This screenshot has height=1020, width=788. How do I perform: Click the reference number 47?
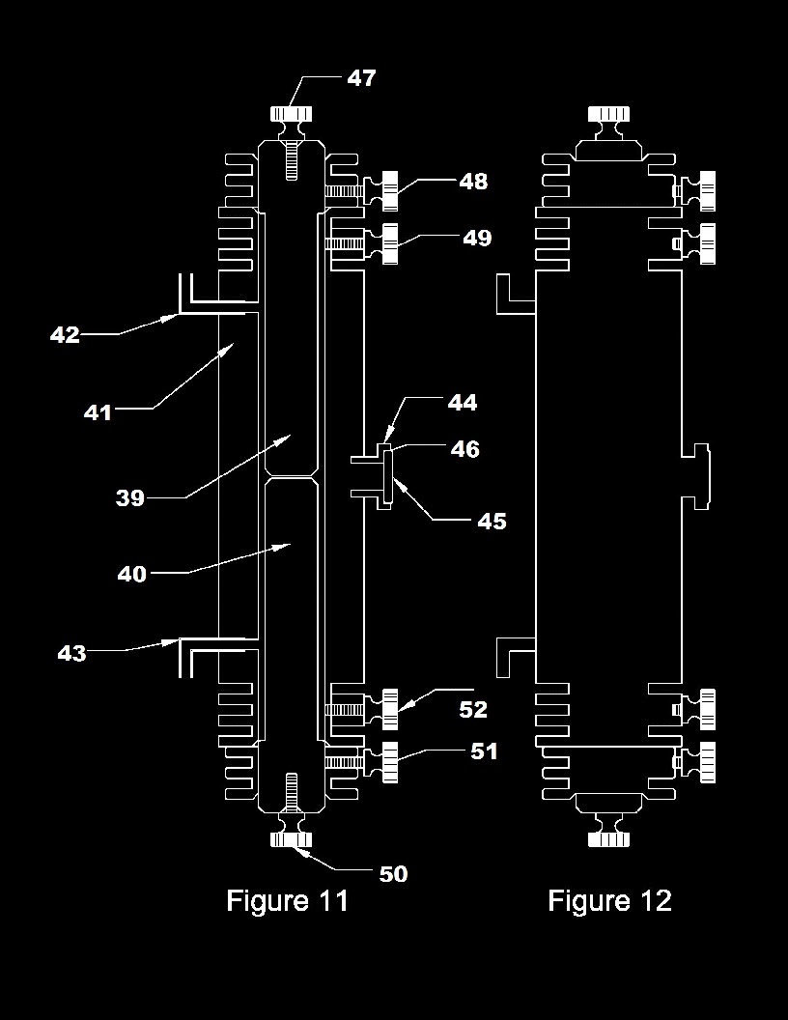pos(361,78)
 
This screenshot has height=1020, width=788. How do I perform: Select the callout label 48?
pos(473,182)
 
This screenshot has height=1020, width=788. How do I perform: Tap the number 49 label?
pos(477,238)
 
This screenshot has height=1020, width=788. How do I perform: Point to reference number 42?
pos(65,335)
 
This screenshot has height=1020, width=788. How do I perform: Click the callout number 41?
pos(98,412)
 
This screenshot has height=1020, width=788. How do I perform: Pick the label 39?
pos(130,498)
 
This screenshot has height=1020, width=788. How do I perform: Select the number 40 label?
pos(132,575)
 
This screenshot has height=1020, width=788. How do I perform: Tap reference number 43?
pos(71,653)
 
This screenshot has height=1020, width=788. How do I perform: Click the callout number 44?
pos(463,403)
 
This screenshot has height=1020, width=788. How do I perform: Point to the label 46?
pos(464,449)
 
